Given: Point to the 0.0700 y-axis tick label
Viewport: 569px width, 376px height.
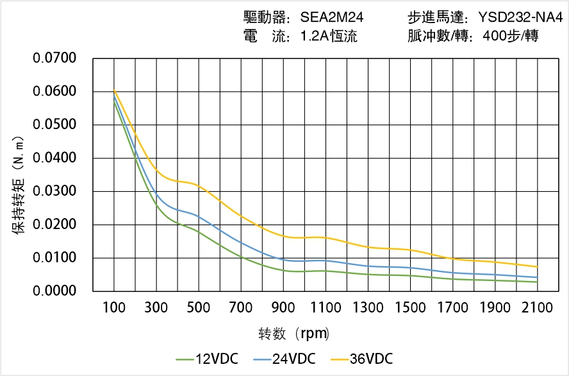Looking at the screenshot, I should coord(55,58).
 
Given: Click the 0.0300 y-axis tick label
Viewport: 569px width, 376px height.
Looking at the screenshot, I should coord(55,191).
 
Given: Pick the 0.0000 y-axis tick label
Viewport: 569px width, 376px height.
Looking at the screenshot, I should coord(55,291).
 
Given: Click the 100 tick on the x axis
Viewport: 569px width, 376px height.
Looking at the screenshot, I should coord(114,308).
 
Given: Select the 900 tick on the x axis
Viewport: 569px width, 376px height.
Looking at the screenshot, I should coord(283,308).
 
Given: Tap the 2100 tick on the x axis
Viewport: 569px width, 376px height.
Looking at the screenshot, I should coord(537,308).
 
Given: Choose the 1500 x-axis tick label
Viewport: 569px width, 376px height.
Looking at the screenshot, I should coord(410,308).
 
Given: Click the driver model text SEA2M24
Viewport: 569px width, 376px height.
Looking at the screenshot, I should coord(332,17).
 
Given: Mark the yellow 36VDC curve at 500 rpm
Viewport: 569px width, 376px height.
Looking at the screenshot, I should coord(199,185).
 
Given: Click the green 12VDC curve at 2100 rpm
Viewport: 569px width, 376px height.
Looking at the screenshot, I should coord(537,282).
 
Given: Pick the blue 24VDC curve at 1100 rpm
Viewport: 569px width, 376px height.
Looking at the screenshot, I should coord(326,261).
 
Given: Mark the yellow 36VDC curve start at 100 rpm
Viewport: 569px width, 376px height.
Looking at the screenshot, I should coord(114,90).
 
